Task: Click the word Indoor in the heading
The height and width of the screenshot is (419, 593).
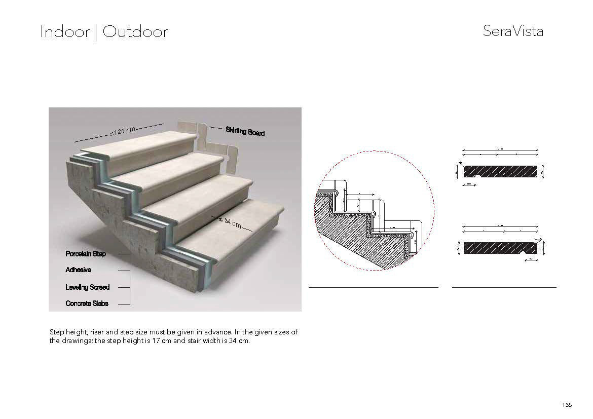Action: click(64, 32)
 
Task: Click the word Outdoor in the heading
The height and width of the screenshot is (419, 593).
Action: click(135, 32)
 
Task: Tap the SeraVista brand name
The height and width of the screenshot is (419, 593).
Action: click(513, 31)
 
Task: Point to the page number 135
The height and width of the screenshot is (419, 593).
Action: click(567, 404)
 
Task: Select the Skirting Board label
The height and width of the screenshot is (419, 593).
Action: click(245, 131)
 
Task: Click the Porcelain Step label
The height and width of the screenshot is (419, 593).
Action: click(86, 253)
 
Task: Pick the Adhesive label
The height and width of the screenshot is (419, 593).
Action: click(78, 270)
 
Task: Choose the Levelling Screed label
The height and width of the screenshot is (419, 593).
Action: click(87, 287)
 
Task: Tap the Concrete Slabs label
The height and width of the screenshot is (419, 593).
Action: click(87, 303)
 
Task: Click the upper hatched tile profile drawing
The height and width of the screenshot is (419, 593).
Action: click(501, 171)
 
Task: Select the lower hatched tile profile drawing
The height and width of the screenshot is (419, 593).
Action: click(501, 248)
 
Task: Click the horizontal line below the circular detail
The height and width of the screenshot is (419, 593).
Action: click(373, 287)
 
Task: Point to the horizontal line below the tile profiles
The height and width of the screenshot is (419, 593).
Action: click(504, 287)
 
